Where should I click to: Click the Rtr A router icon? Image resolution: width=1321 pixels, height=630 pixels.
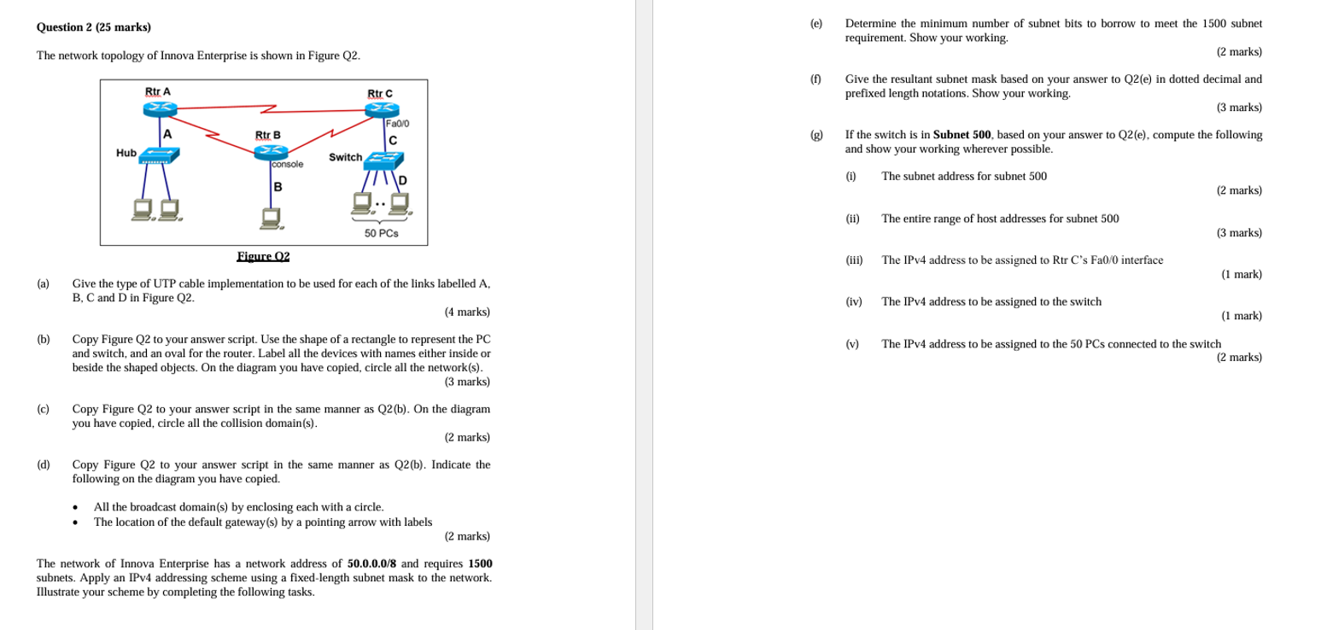pos(160,108)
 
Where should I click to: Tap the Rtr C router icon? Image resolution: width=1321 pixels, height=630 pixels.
pos(381,109)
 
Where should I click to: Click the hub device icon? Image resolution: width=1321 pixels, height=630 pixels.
pos(159,155)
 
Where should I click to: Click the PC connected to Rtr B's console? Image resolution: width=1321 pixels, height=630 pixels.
pos(272,219)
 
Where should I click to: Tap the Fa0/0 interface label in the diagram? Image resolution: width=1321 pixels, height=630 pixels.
pos(398,124)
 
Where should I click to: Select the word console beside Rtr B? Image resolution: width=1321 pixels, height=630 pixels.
pos(287,164)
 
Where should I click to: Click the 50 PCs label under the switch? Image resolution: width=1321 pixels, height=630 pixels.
pos(381,233)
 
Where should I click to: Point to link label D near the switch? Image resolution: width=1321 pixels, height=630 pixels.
pos(402,180)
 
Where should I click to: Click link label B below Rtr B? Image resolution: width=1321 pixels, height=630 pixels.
pos(278,187)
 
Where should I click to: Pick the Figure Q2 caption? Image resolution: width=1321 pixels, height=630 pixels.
pos(263,256)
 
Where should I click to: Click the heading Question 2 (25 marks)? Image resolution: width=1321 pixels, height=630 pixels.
pos(94,27)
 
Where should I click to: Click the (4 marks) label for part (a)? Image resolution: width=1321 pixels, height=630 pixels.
pos(467,312)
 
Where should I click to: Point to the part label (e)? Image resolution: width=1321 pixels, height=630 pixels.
pos(816,24)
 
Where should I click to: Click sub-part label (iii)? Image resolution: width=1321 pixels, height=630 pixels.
pos(854,260)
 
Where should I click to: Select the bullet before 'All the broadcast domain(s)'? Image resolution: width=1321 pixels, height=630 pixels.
pos(76,508)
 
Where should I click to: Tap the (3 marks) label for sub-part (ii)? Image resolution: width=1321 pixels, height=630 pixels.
pos(1239,232)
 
